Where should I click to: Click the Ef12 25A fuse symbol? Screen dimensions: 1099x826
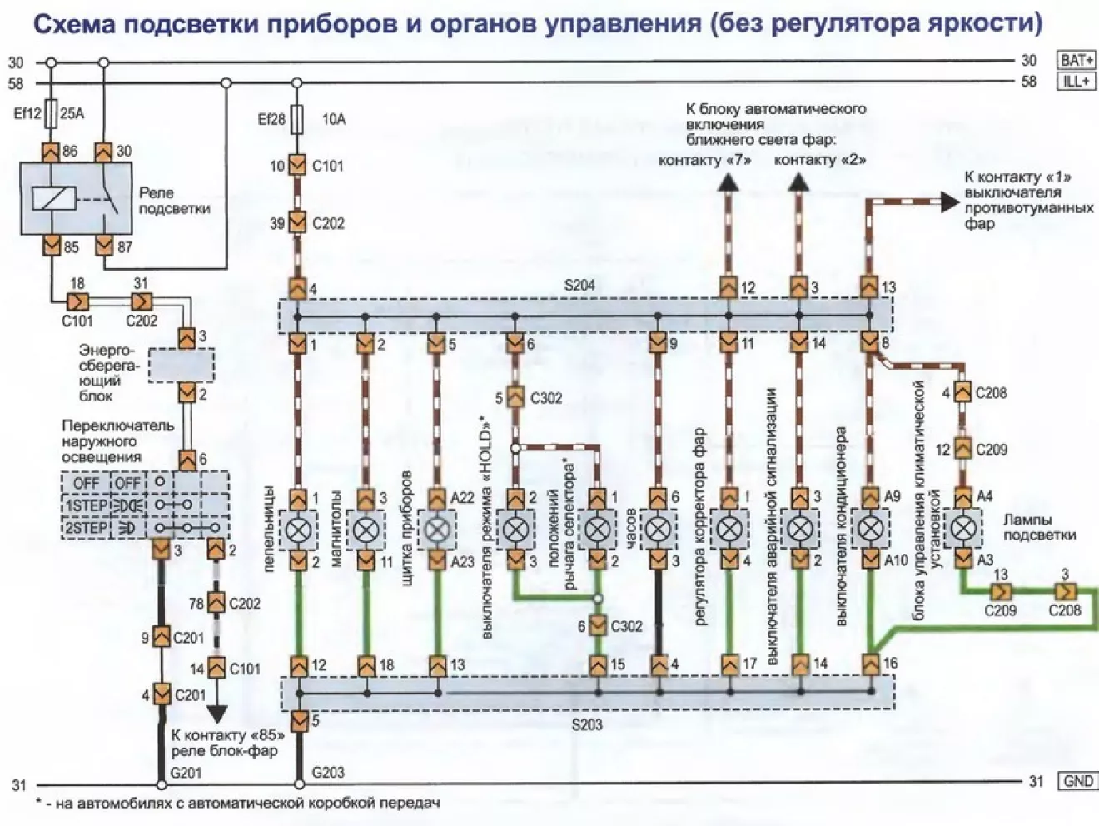coord(51,113)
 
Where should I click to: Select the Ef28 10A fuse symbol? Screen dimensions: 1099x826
coord(297,119)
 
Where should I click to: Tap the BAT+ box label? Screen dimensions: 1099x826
coord(1077,61)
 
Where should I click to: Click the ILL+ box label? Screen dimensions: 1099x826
coord(1077,82)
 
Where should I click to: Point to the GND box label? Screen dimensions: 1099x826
coord(1077,781)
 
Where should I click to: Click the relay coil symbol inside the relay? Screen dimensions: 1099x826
coord(53,198)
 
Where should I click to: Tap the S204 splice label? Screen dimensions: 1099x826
coord(579,286)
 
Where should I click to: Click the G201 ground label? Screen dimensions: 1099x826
coord(186,773)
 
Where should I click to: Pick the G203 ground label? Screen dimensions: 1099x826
coord(328,773)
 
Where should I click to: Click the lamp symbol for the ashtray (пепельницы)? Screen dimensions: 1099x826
coord(298,529)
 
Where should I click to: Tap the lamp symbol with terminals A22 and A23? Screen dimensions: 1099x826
coord(437,529)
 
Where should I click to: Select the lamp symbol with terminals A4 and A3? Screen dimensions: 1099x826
coord(962,529)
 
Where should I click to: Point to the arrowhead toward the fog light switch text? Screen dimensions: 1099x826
coord(949,202)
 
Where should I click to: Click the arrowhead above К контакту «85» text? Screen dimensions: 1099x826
coord(216,714)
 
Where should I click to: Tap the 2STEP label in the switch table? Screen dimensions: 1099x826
coord(86,528)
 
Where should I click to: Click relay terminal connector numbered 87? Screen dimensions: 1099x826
coord(104,246)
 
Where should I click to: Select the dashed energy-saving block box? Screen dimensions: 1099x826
coord(182,366)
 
